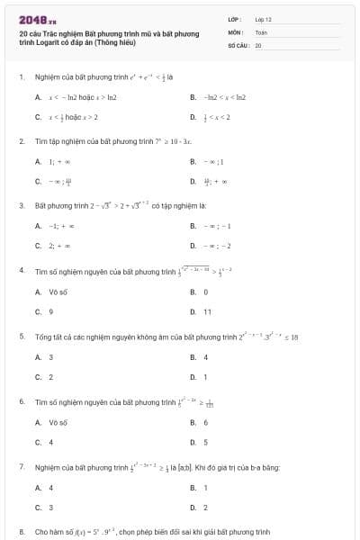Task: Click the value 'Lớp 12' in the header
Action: pos(263,18)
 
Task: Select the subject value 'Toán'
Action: pos(261,31)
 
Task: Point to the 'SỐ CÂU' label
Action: pos(237,43)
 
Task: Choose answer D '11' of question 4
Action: pos(207,311)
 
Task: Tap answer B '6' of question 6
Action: pos(206,422)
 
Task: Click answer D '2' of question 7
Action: pos(206,508)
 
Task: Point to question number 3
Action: pos(21,205)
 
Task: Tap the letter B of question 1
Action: pos(193,96)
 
